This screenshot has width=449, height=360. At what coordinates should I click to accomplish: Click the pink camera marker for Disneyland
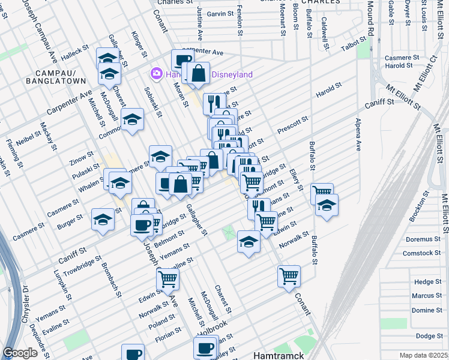(x=157, y=73)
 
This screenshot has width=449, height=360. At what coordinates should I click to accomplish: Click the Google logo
(x=20, y=353)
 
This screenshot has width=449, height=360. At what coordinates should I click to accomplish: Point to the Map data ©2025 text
(x=423, y=355)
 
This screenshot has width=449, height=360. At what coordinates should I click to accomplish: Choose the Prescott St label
(x=292, y=125)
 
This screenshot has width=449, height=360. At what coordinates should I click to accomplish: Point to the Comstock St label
(x=422, y=253)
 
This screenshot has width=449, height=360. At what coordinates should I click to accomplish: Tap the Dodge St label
(x=429, y=336)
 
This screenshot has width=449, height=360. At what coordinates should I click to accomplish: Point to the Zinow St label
(x=81, y=157)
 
